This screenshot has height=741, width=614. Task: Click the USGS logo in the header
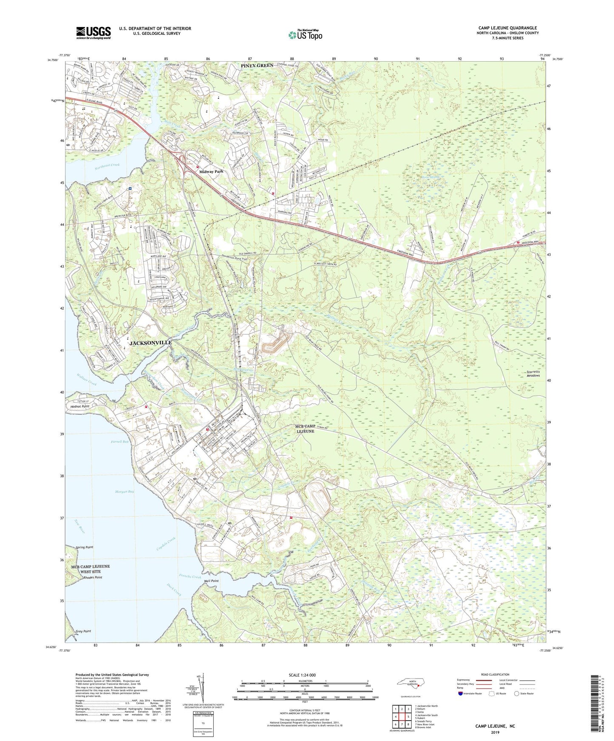93,33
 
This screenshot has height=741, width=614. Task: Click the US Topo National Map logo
305,34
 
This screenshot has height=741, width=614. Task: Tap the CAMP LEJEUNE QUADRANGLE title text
507,28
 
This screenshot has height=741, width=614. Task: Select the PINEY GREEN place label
257,65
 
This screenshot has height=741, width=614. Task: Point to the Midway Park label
211,172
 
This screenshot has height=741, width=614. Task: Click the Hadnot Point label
80,406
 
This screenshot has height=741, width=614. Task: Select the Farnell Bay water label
119,442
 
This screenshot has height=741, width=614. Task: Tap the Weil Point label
211,581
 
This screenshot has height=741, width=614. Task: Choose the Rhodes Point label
93,578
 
